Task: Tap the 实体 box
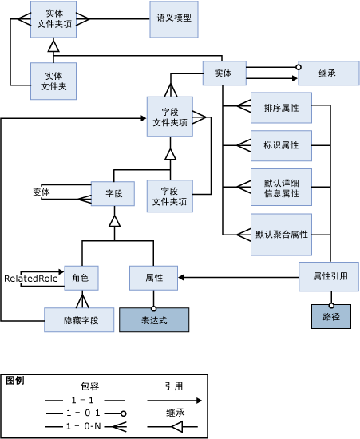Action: click(223, 73)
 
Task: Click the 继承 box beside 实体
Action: click(326, 73)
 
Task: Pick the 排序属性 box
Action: click(275, 106)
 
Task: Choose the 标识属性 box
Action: click(275, 145)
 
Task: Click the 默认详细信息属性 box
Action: click(275, 188)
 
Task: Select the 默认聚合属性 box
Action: click(280, 234)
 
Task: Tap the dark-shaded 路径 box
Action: click(325, 317)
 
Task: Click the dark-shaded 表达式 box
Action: click(154, 320)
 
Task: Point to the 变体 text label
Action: click(41, 192)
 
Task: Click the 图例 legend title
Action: click(14, 381)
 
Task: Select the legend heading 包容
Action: click(89, 386)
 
